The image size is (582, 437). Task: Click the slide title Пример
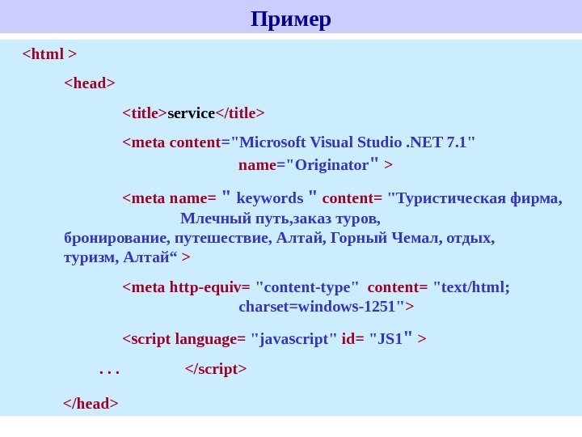pos(291,18)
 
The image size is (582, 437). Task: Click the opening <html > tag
pos(49,54)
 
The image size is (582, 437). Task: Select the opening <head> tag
pos(90,83)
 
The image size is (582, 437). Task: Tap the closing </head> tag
pos(91,403)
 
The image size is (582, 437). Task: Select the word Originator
pos(331,165)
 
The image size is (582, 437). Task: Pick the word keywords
pos(269,198)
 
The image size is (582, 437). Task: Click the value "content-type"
pos(307,287)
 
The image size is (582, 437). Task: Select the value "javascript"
pos(294,338)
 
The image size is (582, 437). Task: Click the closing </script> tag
pos(216,369)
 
